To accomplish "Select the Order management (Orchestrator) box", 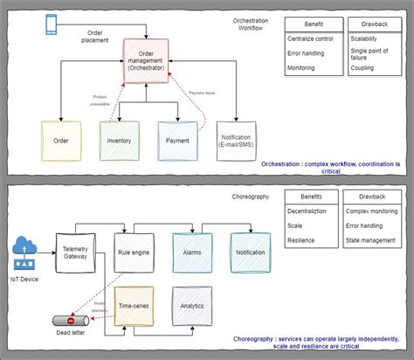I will click(144, 59).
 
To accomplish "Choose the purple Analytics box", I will click(192, 307).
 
